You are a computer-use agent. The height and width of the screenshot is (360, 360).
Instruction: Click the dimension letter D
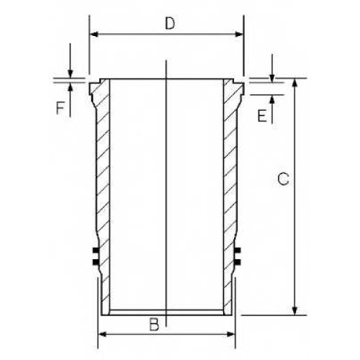click(170, 24)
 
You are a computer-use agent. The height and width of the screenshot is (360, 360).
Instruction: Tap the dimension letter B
click(154, 325)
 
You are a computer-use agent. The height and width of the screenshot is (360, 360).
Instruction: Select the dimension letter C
click(283, 179)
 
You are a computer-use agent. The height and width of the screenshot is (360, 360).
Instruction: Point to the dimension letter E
click(262, 115)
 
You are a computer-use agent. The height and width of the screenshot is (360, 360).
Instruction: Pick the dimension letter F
click(60, 108)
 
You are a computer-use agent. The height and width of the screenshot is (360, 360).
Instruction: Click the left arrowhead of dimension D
click(94, 35)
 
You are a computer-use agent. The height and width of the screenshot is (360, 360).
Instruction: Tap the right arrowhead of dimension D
click(239, 35)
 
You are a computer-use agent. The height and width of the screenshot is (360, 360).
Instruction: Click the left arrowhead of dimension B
click(102, 334)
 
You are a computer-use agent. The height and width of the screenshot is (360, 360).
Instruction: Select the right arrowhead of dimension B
click(230, 334)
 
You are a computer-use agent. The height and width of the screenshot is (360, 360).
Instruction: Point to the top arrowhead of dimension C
click(295, 82)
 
